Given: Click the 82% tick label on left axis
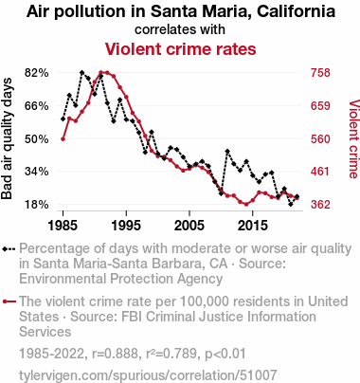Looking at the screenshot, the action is click(x=37, y=73).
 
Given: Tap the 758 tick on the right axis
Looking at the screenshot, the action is click(x=320, y=73).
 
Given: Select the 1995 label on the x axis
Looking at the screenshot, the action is click(x=126, y=226).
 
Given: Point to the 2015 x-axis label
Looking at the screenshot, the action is click(x=253, y=226).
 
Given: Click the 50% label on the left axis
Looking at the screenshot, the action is click(x=37, y=138).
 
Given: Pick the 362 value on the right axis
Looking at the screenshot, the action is click(x=320, y=205).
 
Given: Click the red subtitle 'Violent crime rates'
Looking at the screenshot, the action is click(x=180, y=49).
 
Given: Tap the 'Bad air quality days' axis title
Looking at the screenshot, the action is click(x=7, y=138).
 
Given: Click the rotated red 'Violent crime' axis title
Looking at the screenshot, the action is click(x=353, y=139).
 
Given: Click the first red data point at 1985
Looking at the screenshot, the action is click(x=63, y=139).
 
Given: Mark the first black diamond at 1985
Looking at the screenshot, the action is click(x=63, y=119).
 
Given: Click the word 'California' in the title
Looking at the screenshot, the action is click(x=296, y=11).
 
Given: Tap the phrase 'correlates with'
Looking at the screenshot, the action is click(x=180, y=29).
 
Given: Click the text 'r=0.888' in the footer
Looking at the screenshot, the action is click(x=115, y=354).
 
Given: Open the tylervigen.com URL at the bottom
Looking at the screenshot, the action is click(x=148, y=375).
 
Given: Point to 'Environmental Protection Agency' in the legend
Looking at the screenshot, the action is click(x=120, y=279).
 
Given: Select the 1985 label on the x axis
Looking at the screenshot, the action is click(x=63, y=226).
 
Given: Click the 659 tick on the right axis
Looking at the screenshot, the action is click(x=320, y=105).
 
